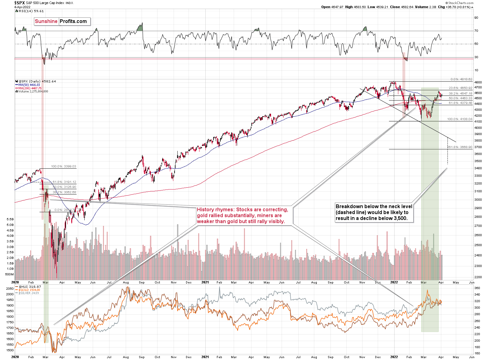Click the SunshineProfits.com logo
point(62,21)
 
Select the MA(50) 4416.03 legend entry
point(29,85)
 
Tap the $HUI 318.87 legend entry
point(30,287)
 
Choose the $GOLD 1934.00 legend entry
point(29,290)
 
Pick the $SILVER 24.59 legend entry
point(29,293)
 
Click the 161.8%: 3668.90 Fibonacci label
point(460,147)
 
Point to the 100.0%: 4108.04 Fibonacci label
point(460,119)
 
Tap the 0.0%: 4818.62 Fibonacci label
point(461,79)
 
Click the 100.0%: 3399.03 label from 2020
point(63,166)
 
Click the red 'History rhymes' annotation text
point(242,216)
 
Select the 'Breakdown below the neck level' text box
point(374,213)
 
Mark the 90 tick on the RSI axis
point(476,18)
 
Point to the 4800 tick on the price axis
point(478,82)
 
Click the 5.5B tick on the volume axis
point(10,219)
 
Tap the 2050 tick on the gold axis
point(10,289)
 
